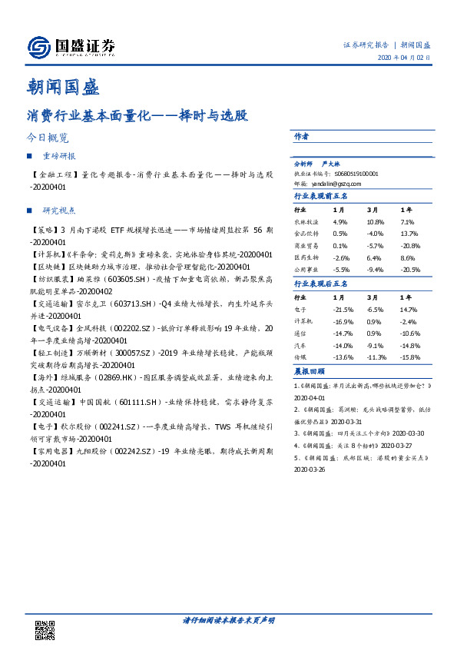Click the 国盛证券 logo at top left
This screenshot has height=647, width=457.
(71, 48)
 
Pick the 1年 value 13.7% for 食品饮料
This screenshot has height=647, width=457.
(408, 233)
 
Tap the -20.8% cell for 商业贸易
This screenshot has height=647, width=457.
(410, 246)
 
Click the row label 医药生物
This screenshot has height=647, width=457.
(306, 258)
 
